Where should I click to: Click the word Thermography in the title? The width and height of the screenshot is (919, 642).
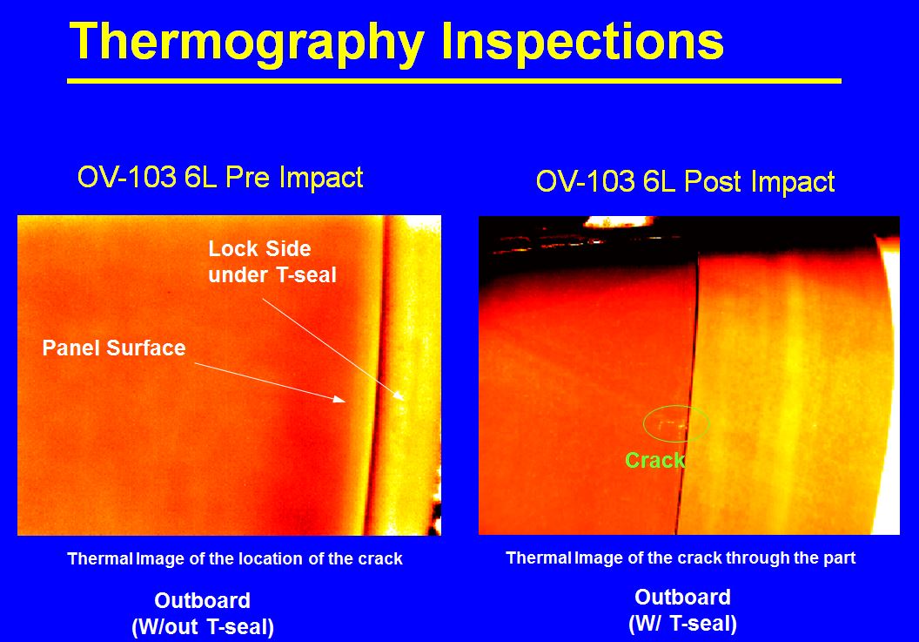247,43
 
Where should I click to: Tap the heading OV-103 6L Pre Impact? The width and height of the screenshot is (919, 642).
220,177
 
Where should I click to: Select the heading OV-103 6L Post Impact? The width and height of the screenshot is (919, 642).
685,180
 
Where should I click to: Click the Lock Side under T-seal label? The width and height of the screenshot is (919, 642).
272,261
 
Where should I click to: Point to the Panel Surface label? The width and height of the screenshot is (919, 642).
114,348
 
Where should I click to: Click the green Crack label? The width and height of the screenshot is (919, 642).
654,460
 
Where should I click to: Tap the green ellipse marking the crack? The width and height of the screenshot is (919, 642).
676,406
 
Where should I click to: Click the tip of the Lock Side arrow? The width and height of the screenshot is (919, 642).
404,400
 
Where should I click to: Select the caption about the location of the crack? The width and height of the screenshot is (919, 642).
235,558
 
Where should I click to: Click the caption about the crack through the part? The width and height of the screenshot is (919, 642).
681,558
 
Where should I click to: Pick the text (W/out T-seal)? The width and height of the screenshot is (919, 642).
203,626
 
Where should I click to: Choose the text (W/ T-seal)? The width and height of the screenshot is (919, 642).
683,623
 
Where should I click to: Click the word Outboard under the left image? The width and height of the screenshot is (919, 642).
202,600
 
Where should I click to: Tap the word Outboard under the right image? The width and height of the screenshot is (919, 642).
683,597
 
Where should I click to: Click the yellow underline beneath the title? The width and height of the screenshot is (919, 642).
454,81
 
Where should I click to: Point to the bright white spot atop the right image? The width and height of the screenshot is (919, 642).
619,222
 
